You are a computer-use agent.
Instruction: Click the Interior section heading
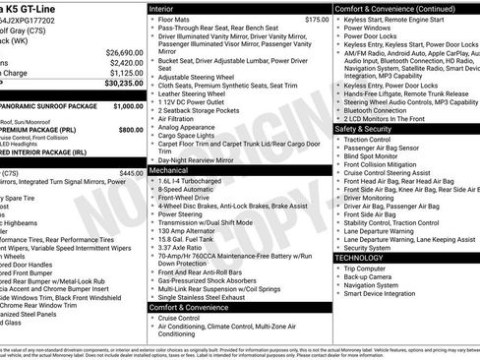(x=167, y=8)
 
